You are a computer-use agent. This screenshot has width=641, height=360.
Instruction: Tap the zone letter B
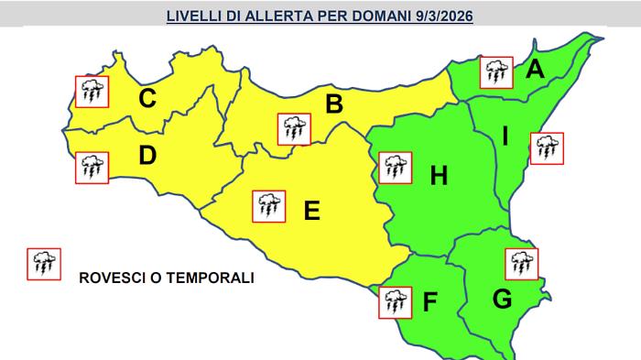point(334,104)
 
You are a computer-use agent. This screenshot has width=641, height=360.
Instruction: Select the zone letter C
point(146,97)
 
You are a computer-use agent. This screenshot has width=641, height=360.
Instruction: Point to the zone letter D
point(147,157)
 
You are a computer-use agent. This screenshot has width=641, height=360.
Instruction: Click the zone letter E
point(311,212)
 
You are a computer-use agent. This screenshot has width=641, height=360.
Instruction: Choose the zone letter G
point(502,298)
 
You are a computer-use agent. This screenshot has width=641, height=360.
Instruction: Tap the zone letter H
point(439,175)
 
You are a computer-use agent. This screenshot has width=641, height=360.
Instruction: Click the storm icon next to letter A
point(496,71)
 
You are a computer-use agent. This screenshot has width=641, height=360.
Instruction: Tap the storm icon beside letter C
point(92,90)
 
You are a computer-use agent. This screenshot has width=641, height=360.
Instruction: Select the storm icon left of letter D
point(92,166)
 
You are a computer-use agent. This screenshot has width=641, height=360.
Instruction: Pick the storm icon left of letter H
point(396,168)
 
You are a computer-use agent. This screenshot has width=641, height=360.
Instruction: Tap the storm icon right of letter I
point(548,147)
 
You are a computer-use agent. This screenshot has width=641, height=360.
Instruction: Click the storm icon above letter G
point(522,263)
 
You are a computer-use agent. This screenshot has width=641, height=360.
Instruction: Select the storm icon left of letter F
point(395,301)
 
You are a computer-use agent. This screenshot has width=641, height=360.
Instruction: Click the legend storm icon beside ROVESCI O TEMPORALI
point(44,264)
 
